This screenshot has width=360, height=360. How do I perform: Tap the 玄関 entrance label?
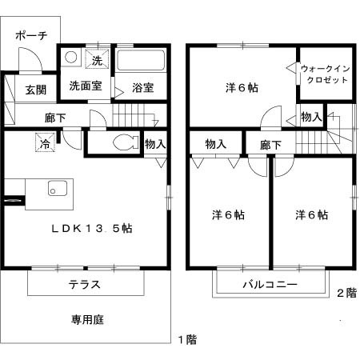34,90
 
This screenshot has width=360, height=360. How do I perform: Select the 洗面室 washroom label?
84,86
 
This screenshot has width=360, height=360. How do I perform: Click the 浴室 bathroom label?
143,87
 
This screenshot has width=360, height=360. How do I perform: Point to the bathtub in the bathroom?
141,62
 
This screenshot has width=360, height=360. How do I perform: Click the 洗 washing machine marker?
97,60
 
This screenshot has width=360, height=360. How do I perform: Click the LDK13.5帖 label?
92,228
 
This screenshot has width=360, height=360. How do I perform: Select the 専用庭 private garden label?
87,320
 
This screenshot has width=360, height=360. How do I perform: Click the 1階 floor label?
186,339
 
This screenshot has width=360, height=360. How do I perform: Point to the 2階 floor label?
346,293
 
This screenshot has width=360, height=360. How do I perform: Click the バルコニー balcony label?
270,285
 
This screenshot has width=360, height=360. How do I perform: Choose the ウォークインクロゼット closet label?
325,74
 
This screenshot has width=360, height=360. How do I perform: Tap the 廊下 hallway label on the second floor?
270,145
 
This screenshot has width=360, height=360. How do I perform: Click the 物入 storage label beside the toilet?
156,144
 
